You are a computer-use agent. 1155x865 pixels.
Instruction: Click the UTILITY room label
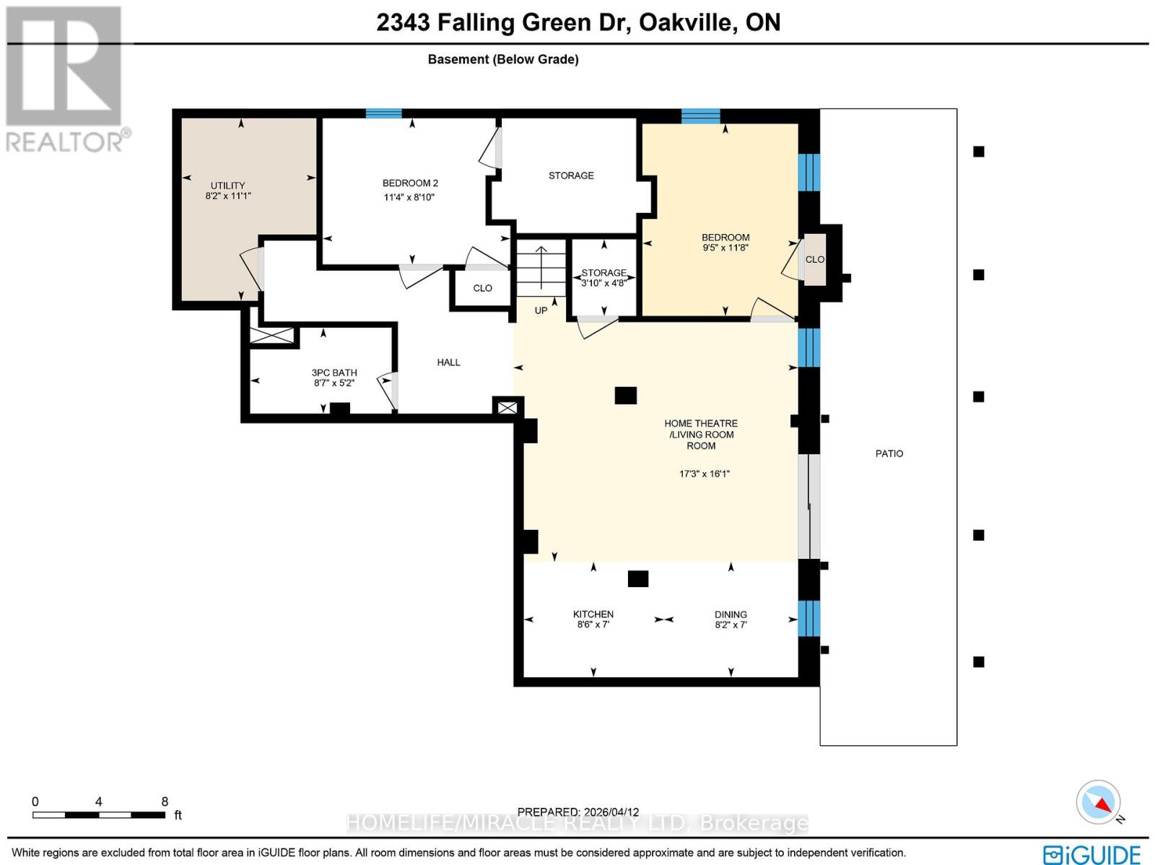coord(227,186)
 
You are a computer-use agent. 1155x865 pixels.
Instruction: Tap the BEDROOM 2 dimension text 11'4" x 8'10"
coord(409,197)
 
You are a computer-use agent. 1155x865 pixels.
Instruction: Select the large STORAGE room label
coord(571,175)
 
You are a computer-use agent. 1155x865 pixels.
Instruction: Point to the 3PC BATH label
coord(334,373)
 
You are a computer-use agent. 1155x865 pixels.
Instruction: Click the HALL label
coord(448,362)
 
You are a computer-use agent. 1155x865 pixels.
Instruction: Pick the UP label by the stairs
coord(541,310)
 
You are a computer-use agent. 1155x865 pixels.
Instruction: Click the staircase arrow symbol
coord(541,264)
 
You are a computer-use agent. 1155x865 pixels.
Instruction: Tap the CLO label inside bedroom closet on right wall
coord(814,259)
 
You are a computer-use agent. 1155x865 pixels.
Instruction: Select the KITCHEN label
coord(593,614)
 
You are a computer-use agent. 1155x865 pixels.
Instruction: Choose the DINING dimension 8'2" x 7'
coord(731,625)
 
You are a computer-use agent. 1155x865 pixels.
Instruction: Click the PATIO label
coord(889,453)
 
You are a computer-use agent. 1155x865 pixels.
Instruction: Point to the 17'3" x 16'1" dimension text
coord(704,474)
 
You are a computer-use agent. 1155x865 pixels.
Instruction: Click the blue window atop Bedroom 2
coord(383,113)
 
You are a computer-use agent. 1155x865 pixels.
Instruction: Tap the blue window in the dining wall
coord(809,618)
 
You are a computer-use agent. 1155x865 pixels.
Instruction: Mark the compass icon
coord(1099,802)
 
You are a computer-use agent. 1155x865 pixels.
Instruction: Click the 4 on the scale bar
coord(98,801)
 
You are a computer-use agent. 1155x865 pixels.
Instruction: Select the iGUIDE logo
coord(1091,854)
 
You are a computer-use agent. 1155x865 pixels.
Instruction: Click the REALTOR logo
coord(66,79)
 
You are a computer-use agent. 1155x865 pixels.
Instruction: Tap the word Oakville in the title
coord(686,22)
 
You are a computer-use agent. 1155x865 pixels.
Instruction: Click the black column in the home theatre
coord(625,395)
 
